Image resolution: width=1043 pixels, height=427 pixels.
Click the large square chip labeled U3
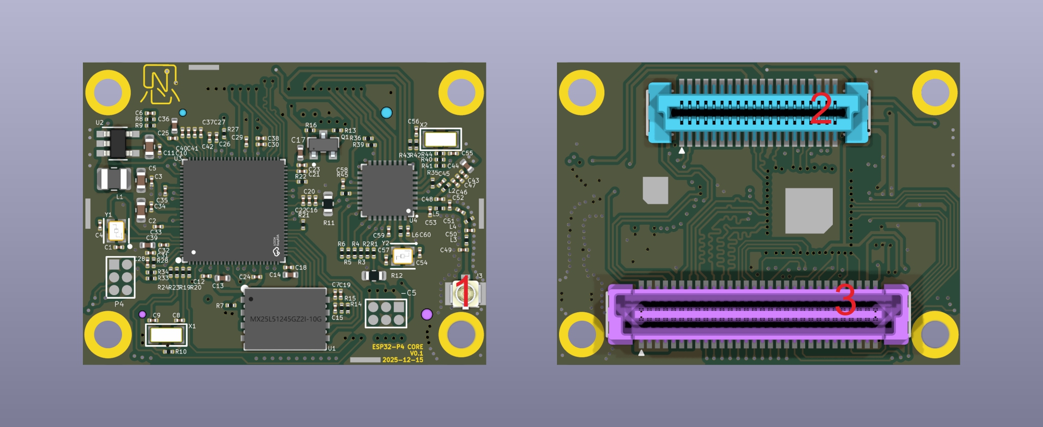click(233, 210)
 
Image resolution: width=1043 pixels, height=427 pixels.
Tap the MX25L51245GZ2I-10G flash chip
click(285, 319)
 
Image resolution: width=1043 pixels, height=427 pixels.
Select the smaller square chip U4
click(387, 190)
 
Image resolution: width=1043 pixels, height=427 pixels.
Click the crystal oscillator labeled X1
click(166, 334)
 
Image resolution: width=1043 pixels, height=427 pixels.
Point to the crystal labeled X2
click(441, 139)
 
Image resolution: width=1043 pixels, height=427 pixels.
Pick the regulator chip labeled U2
click(117, 143)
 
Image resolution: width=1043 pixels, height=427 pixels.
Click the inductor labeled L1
click(114, 179)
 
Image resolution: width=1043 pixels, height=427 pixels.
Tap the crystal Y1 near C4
click(116, 230)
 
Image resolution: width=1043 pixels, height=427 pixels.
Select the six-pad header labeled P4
click(120, 277)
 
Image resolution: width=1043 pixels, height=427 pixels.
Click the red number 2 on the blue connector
click(821, 108)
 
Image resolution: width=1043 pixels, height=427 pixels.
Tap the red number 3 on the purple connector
click(845, 299)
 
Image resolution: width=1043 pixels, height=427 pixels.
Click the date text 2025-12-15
click(403, 360)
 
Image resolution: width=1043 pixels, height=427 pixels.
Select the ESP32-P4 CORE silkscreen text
click(397, 347)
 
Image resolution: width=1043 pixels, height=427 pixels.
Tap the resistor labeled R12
click(374, 275)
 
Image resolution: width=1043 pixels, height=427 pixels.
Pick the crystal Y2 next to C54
click(402, 256)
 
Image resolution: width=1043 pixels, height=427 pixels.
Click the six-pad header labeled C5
click(386, 313)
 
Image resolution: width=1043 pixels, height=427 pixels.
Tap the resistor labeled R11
click(328, 204)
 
